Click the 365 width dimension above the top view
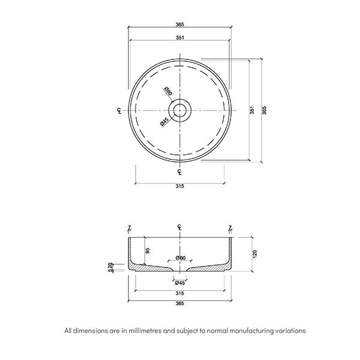point(179,24)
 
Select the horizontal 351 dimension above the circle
point(179,37)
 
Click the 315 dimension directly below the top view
point(179,186)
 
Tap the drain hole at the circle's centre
point(179,110)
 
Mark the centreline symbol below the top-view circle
point(179,172)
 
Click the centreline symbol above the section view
point(179,227)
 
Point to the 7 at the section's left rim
point(129,228)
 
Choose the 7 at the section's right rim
point(230,228)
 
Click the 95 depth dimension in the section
point(148,251)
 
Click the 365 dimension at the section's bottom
point(179,304)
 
